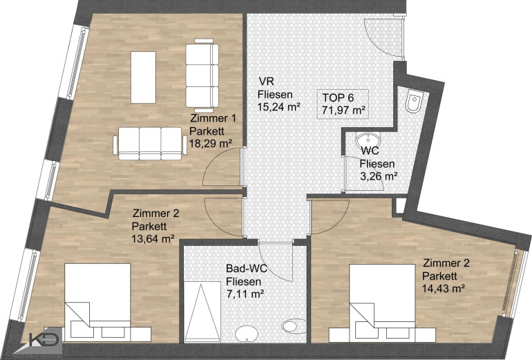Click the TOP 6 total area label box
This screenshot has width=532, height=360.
pos(343,104)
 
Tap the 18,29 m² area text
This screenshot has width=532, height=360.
pos(211,143)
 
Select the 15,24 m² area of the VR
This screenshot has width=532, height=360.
pos(279,106)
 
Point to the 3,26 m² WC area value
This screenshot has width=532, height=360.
pos(379,176)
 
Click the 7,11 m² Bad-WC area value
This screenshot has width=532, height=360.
pos(245,294)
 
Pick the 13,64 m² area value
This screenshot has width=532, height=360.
pos(153,238)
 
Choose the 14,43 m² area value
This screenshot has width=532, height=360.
pos(444,288)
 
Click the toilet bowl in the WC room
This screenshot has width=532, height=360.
pos(415,101)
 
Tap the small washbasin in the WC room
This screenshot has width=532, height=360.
pos(368,140)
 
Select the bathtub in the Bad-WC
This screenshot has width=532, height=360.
pos(202,312)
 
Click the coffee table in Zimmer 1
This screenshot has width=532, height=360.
pos(143,77)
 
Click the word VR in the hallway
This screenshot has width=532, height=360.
pos(266,82)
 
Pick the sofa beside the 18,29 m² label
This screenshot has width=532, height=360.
pos(150,144)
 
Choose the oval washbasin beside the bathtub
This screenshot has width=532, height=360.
pos(247,334)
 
